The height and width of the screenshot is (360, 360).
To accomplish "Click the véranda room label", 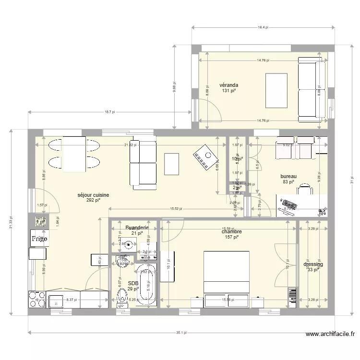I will [229, 85].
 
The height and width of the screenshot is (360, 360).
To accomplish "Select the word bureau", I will [288, 176].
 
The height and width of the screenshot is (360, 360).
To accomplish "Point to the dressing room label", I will [313, 264].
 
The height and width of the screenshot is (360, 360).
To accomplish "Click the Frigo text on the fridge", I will [39, 238].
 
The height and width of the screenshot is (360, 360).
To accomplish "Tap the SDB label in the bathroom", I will [133, 283].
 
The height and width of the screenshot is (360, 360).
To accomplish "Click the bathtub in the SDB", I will [146, 283].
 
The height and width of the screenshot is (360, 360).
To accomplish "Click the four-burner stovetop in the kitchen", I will [37, 299].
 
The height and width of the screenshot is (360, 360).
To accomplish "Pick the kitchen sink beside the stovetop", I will [56, 301].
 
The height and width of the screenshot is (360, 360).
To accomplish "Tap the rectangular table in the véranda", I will [277, 91].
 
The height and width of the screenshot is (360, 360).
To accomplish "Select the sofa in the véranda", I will [312, 89].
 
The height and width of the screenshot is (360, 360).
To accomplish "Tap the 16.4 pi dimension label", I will [263, 27].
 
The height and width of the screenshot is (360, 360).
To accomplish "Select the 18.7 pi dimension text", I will [110, 112].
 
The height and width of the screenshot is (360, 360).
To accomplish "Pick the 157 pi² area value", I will [231, 238].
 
